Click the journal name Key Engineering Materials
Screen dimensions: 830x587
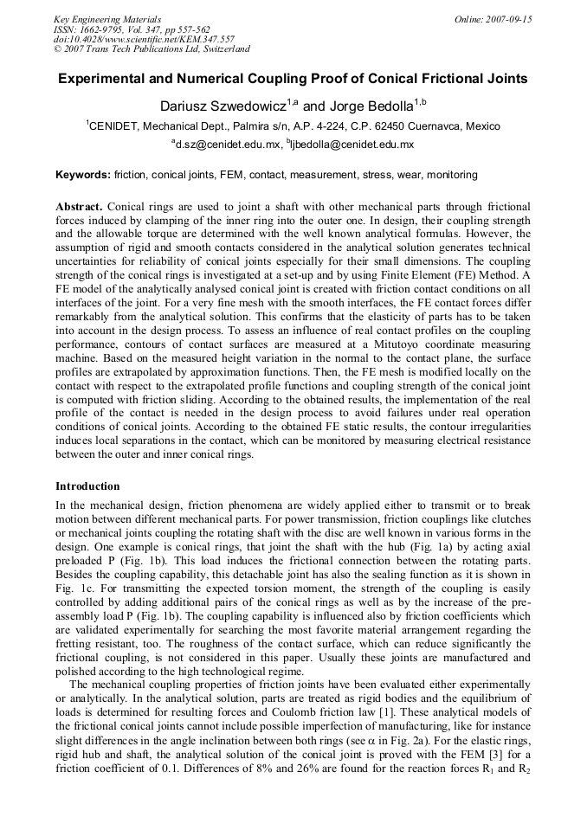[x=107, y=19]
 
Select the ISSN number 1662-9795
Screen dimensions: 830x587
[x=109, y=29]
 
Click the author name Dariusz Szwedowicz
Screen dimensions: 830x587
[x=223, y=106]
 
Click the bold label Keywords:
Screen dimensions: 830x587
[x=83, y=175]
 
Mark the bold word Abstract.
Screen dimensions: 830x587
[x=80, y=208]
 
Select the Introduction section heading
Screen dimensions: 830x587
[x=88, y=486]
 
